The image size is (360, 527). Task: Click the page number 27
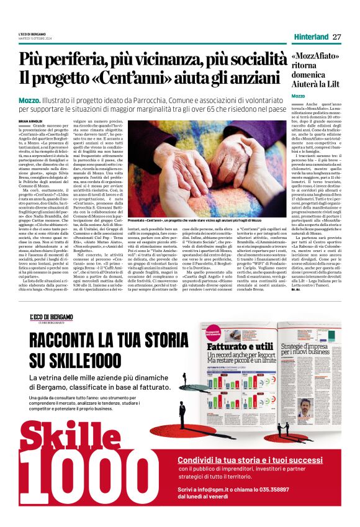(336, 37)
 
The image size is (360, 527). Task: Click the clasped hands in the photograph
(186, 168)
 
